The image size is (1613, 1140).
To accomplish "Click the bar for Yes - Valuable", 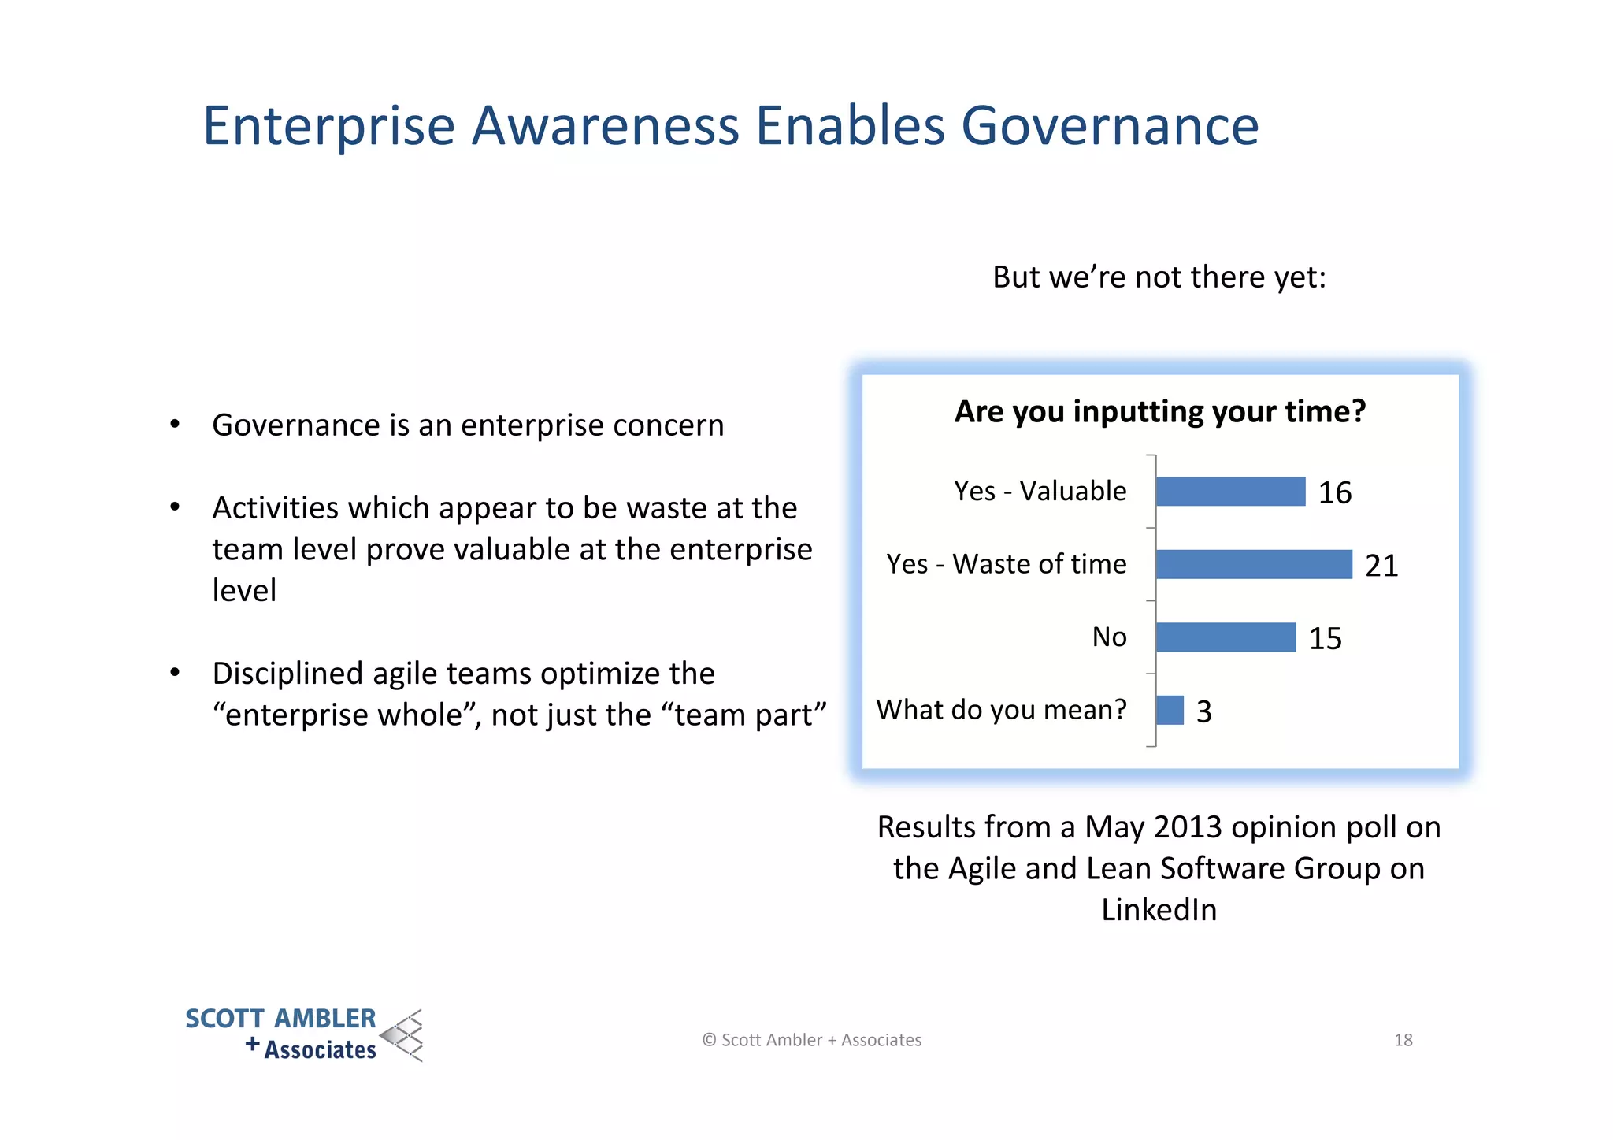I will pyautogui.click(x=1230, y=492).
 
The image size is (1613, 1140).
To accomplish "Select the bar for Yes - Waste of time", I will pyautogui.click(x=1254, y=564).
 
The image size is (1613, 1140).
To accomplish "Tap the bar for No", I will pyautogui.click(x=1226, y=637).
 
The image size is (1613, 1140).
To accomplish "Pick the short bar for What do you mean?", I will pyautogui.click(x=1170, y=710).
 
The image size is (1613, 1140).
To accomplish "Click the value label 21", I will pyautogui.click(x=1381, y=566).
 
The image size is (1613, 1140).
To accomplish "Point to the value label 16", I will pyautogui.click(x=1335, y=493).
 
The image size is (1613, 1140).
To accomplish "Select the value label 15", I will pyautogui.click(x=1325, y=639).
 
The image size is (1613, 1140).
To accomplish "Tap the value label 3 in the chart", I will pyautogui.click(x=1203, y=712).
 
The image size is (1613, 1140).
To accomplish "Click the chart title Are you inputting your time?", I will pyautogui.click(x=1159, y=412).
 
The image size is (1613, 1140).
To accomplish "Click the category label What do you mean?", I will pyautogui.click(x=1001, y=710).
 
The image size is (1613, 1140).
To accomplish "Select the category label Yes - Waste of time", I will pyautogui.click(x=1006, y=564).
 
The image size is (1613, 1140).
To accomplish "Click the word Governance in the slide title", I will pyautogui.click(x=1110, y=126).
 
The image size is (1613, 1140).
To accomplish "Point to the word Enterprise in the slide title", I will pyautogui.click(x=329, y=126).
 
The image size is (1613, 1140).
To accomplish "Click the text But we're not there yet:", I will pyautogui.click(x=1159, y=277).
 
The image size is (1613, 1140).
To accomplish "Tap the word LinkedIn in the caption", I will pyautogui.click(x=1159, y=910).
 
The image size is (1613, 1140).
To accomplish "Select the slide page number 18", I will pyautogui.click(x=1403, y=1040).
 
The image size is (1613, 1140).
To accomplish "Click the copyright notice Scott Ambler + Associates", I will pyautogui.click(x=812, y=1040).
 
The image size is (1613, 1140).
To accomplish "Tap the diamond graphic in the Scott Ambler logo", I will pyautogui.click(x=403, y=1035).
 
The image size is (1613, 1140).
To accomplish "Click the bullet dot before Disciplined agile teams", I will pyautogui.click(x=175, y=673).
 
